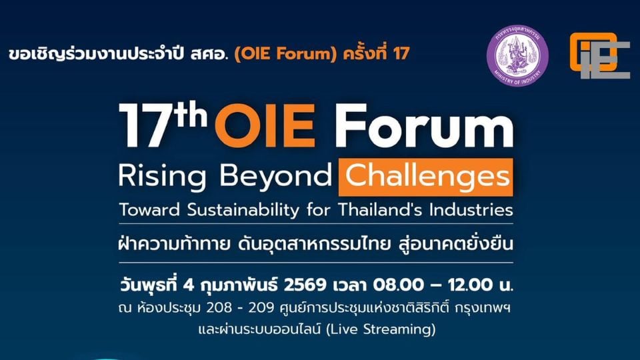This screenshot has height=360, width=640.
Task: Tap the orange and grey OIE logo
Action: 599,56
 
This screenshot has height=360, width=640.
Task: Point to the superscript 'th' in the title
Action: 185,114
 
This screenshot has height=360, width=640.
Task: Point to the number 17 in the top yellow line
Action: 401,53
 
